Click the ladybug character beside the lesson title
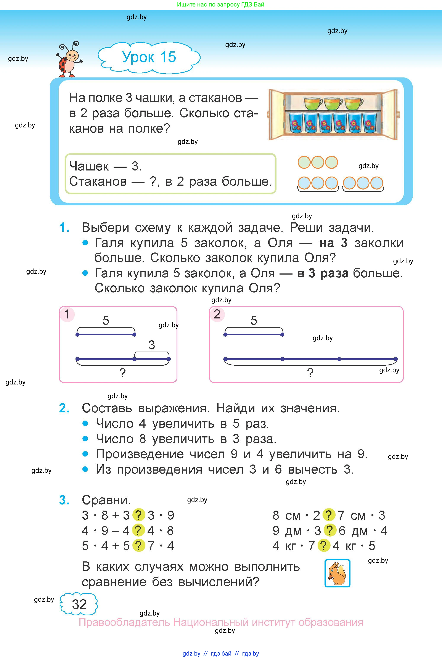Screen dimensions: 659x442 tap(69, 60)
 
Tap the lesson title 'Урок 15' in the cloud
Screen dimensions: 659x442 tap(149, 57)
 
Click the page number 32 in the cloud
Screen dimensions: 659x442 tap(79, 604)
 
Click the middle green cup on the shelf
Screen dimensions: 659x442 tap(333, 103)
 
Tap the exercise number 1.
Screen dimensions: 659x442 tap(64, 227)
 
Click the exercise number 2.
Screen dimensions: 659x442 tap(64, 408)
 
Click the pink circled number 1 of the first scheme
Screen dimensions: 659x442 tap(67, 314)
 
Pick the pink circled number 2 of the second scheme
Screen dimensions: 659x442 tap(217, 314)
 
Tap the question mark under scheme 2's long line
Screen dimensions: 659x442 tap(310, 373)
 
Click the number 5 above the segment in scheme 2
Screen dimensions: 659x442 tap(254, 320)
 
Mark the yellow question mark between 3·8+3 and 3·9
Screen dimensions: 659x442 tap(138, 515)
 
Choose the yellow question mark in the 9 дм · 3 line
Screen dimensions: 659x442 tap(330, 530)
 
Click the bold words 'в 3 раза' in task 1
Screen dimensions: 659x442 tap(323, 273)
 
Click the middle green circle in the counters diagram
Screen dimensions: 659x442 tap(318, 162)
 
